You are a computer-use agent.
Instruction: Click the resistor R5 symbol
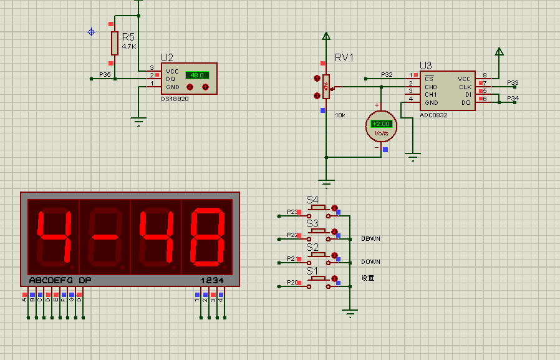pos(114,43)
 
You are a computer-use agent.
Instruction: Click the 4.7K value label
pos(129,47)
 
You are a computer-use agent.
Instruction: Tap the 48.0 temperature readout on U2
pos(197,75)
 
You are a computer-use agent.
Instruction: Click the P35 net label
pos(105,75)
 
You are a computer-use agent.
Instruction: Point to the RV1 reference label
pos(344,58)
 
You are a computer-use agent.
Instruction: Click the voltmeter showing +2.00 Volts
pos(381,126)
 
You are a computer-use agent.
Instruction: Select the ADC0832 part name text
pos(433,115)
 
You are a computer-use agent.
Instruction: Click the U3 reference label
pos(426,65)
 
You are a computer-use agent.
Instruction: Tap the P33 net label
pos(513,82)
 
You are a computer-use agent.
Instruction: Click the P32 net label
pos(387,75)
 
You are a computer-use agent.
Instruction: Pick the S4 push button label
pos(312,200)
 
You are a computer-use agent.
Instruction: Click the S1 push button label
pos(312,271)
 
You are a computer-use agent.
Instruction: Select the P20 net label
pos(292,283)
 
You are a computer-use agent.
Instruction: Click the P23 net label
pos(292,212)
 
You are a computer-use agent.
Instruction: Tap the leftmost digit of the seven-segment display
pos(52,236)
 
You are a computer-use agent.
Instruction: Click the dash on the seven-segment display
pos(104,236)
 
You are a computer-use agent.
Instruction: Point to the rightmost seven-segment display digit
pos(206,236)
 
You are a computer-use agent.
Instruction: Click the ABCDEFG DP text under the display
pos(60,280)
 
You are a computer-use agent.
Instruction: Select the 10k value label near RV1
pos(340,115)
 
